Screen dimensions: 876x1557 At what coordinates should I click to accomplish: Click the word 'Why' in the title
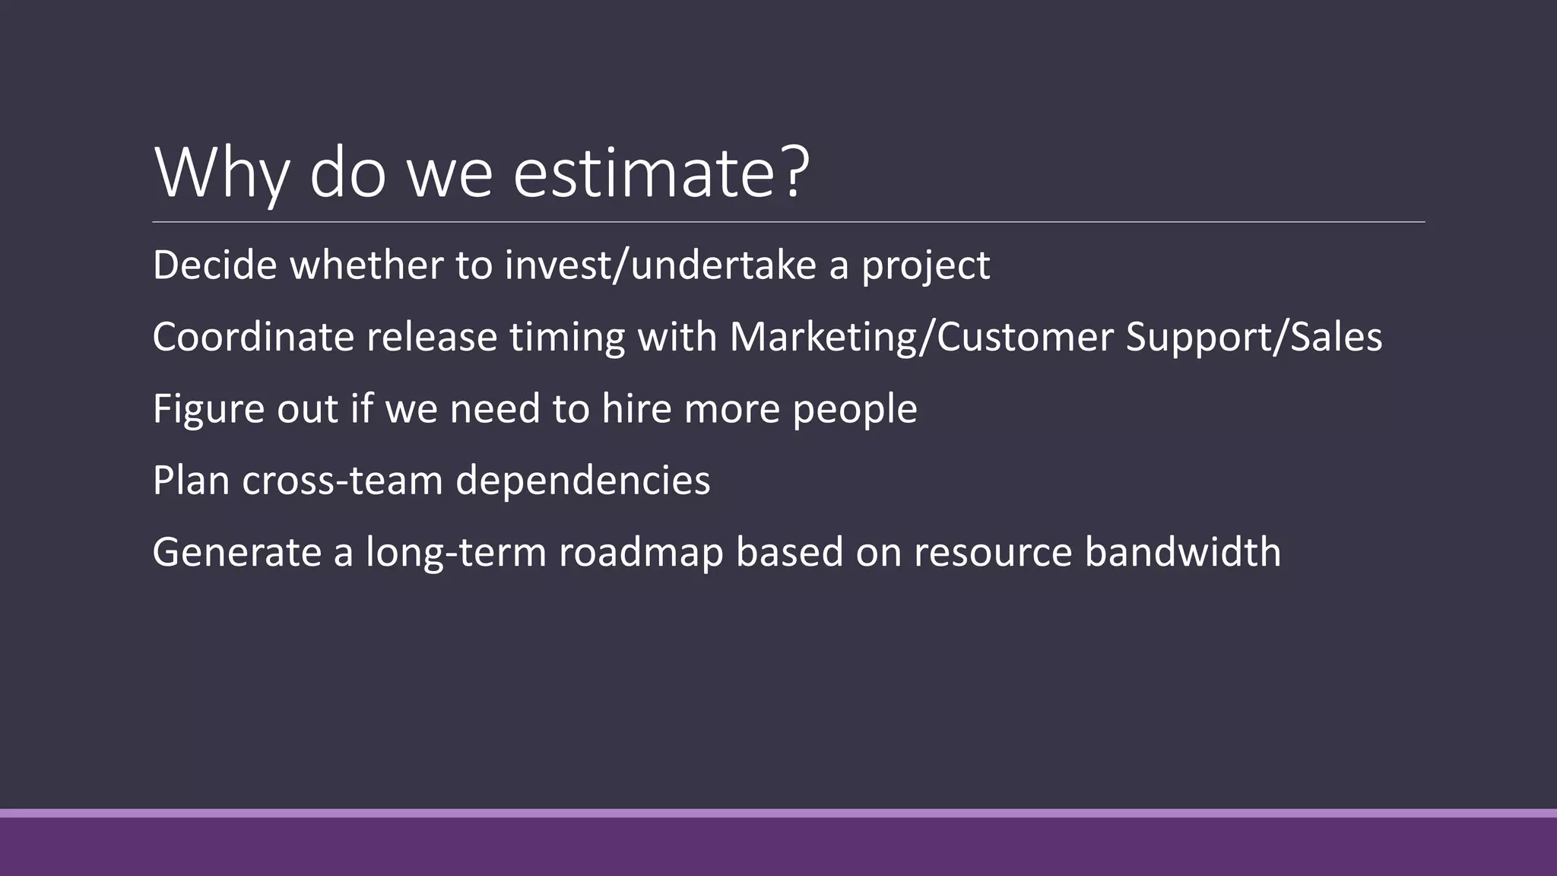click(x=221, y=173)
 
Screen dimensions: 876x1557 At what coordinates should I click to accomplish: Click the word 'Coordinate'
click(x=253, y=337)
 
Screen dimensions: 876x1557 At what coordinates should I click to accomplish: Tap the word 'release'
click(x=432, y=337)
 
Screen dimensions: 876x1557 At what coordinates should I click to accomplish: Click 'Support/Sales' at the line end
click(x=1254, y=337)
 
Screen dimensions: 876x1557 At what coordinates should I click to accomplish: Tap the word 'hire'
click(x=636, y=408)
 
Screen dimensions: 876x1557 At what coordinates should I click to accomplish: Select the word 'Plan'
click(x=191, y=481)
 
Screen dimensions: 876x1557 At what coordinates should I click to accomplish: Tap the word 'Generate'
click(x=236, y=552)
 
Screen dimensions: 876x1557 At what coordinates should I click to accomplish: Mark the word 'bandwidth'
click(x=1183, y=552)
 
